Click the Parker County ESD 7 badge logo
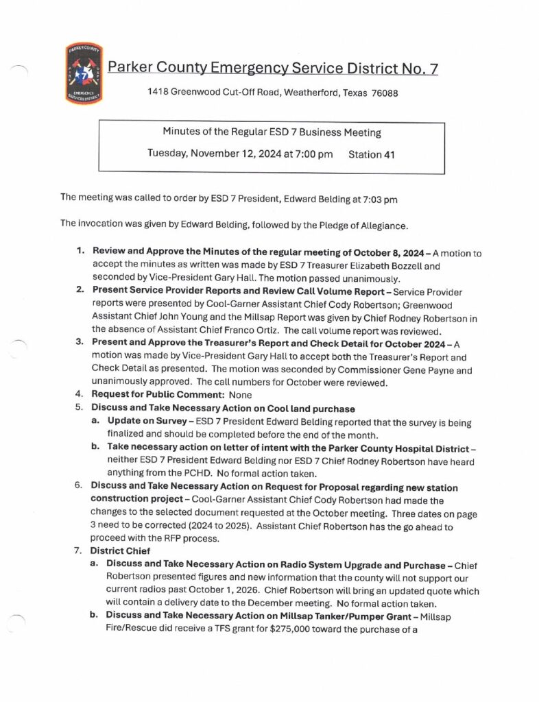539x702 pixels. point(84,73)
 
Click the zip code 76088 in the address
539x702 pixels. point(385,93)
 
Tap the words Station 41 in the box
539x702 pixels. point(372,154)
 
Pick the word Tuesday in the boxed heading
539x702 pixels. point(169,154)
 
